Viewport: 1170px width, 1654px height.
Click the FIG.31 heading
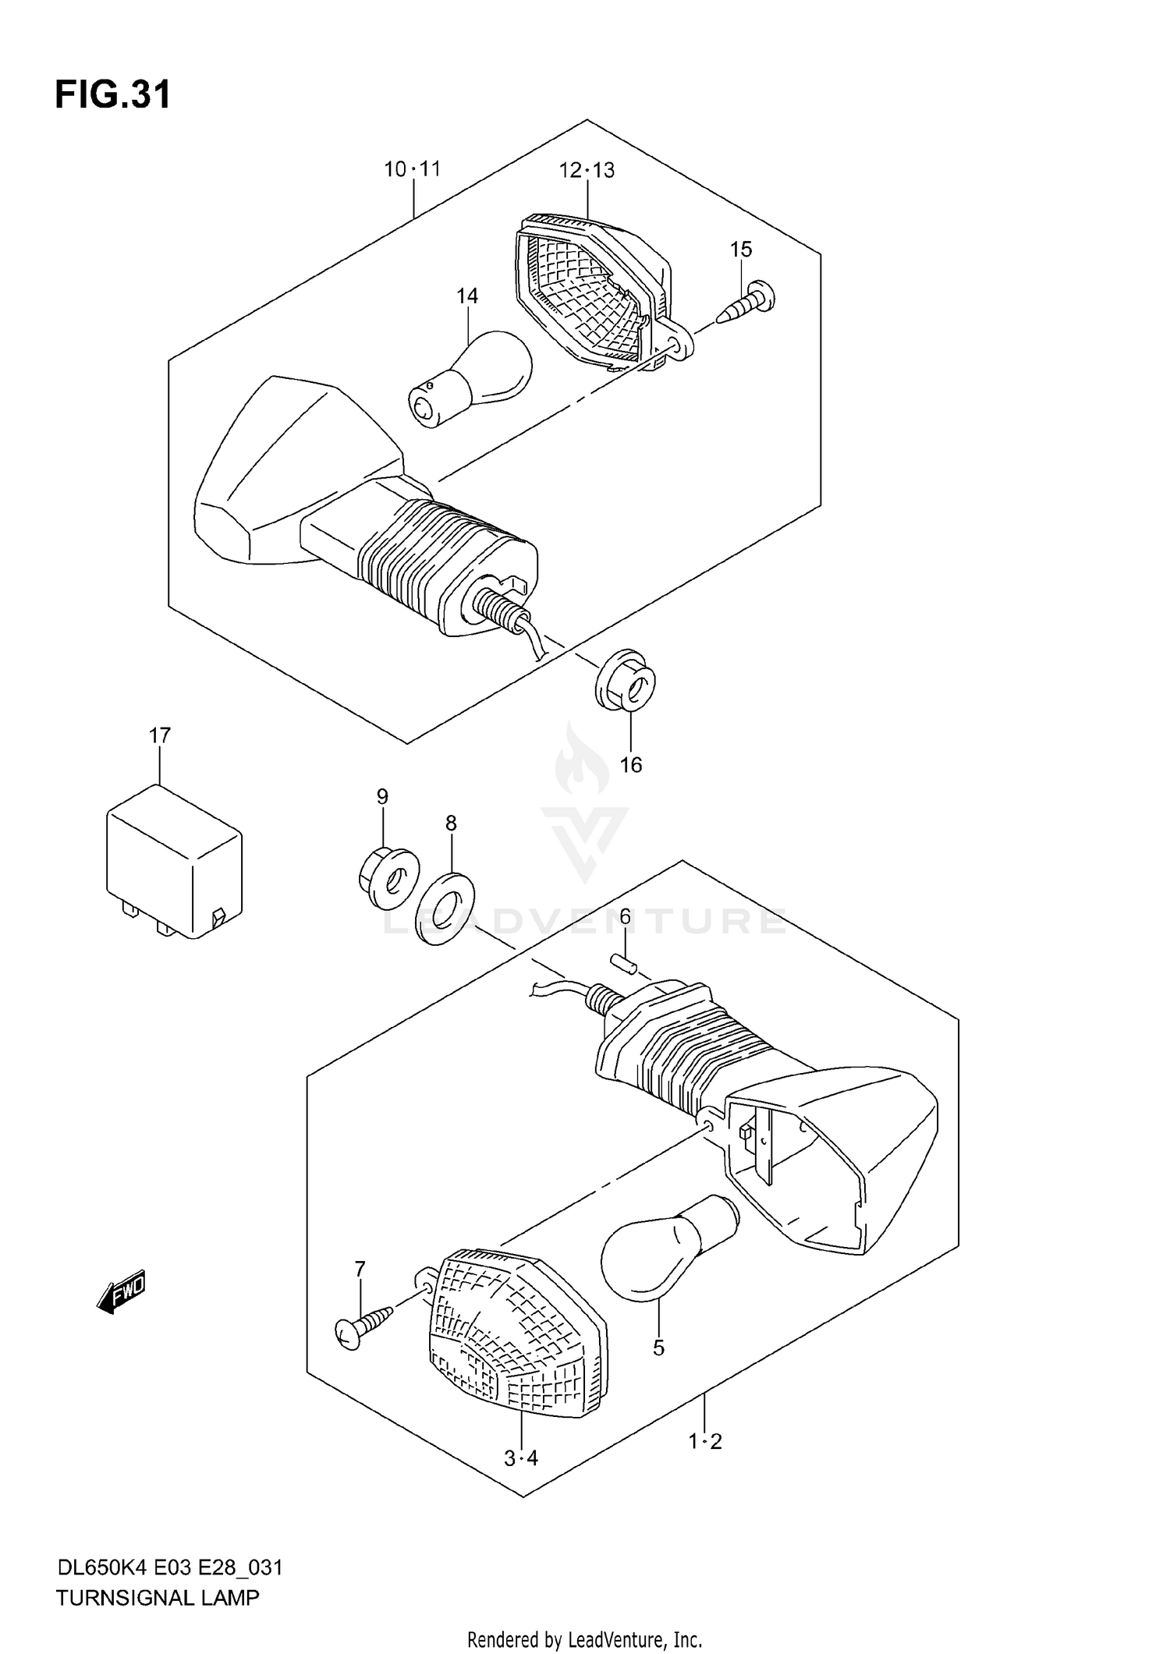pyautogui.click(x=112, y=95)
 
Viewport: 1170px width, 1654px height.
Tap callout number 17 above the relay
pyautogui.click(x=160, y=735)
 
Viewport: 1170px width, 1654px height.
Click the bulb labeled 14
pyautogui.click(x=471, y=379)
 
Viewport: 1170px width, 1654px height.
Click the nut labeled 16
pyautogui.click(x=626, y=680)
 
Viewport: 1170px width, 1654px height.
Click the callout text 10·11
pyautogui.click(x=412, y=168)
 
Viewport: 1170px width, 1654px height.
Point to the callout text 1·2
pyautogui.click(x=705, y=1442)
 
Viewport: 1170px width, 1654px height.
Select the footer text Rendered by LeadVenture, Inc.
pyautogui.click(x=584, y=1639)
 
